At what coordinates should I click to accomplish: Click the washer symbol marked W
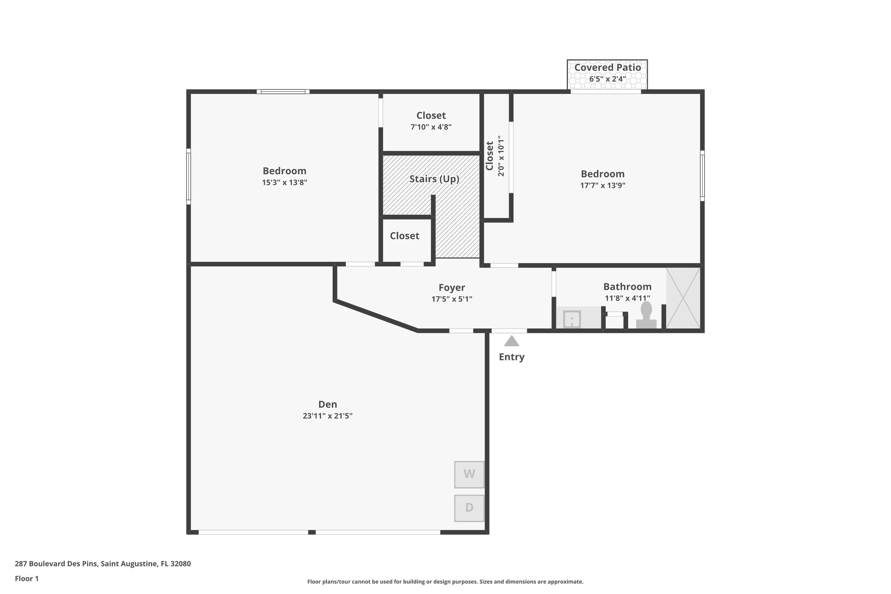click(469, 474)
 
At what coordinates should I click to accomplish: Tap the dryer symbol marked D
click(469, 508)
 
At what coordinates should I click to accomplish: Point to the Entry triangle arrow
click(511, 341)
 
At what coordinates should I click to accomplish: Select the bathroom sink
click(572, 319)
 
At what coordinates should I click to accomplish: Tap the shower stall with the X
click(683, 298)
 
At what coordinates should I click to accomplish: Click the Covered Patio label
click(607, 68)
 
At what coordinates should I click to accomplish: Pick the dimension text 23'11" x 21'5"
click(328, 416)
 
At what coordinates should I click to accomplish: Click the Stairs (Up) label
click(434, 179)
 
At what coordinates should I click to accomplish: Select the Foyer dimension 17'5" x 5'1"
click(452, 299)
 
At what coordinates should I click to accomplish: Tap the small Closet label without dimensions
click(405, 236)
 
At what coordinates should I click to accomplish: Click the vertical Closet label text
click(490, 156)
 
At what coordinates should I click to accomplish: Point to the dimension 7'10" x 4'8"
click(431, 127)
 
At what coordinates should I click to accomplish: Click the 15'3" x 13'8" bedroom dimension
click(285, 183)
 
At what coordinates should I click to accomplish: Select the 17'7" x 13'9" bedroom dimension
click(603, 185)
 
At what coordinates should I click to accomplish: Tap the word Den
click(328, 404)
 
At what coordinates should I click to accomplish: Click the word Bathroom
click(627, 287)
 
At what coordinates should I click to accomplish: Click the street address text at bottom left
click(103, 564)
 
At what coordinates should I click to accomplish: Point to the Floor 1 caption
click(27, 579)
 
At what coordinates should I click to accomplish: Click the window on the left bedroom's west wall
click(188, 176)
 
